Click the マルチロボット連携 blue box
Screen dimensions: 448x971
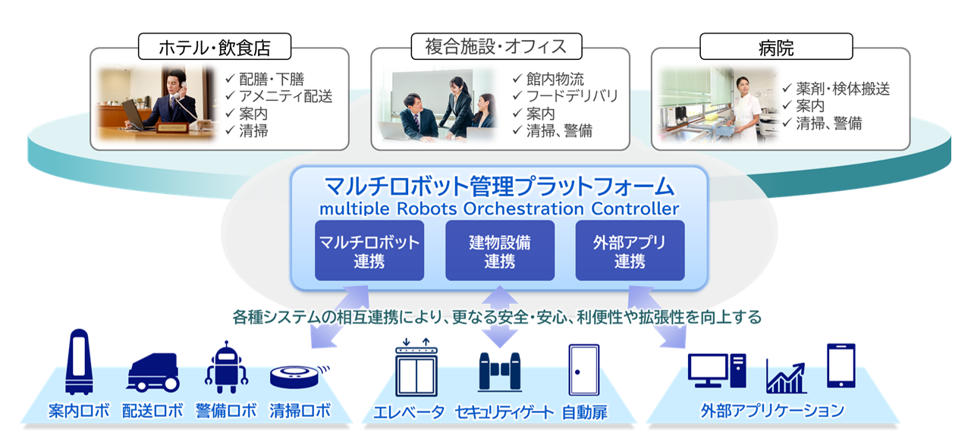click(369, 252)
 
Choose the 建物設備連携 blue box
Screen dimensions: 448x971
click(499, 252)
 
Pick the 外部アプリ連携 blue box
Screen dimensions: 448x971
click(630, 252)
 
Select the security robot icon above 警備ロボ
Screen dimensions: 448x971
click(227, 367)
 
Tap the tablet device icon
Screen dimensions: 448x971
click(841, 365)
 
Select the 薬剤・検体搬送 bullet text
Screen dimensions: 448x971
click(842, 89)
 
